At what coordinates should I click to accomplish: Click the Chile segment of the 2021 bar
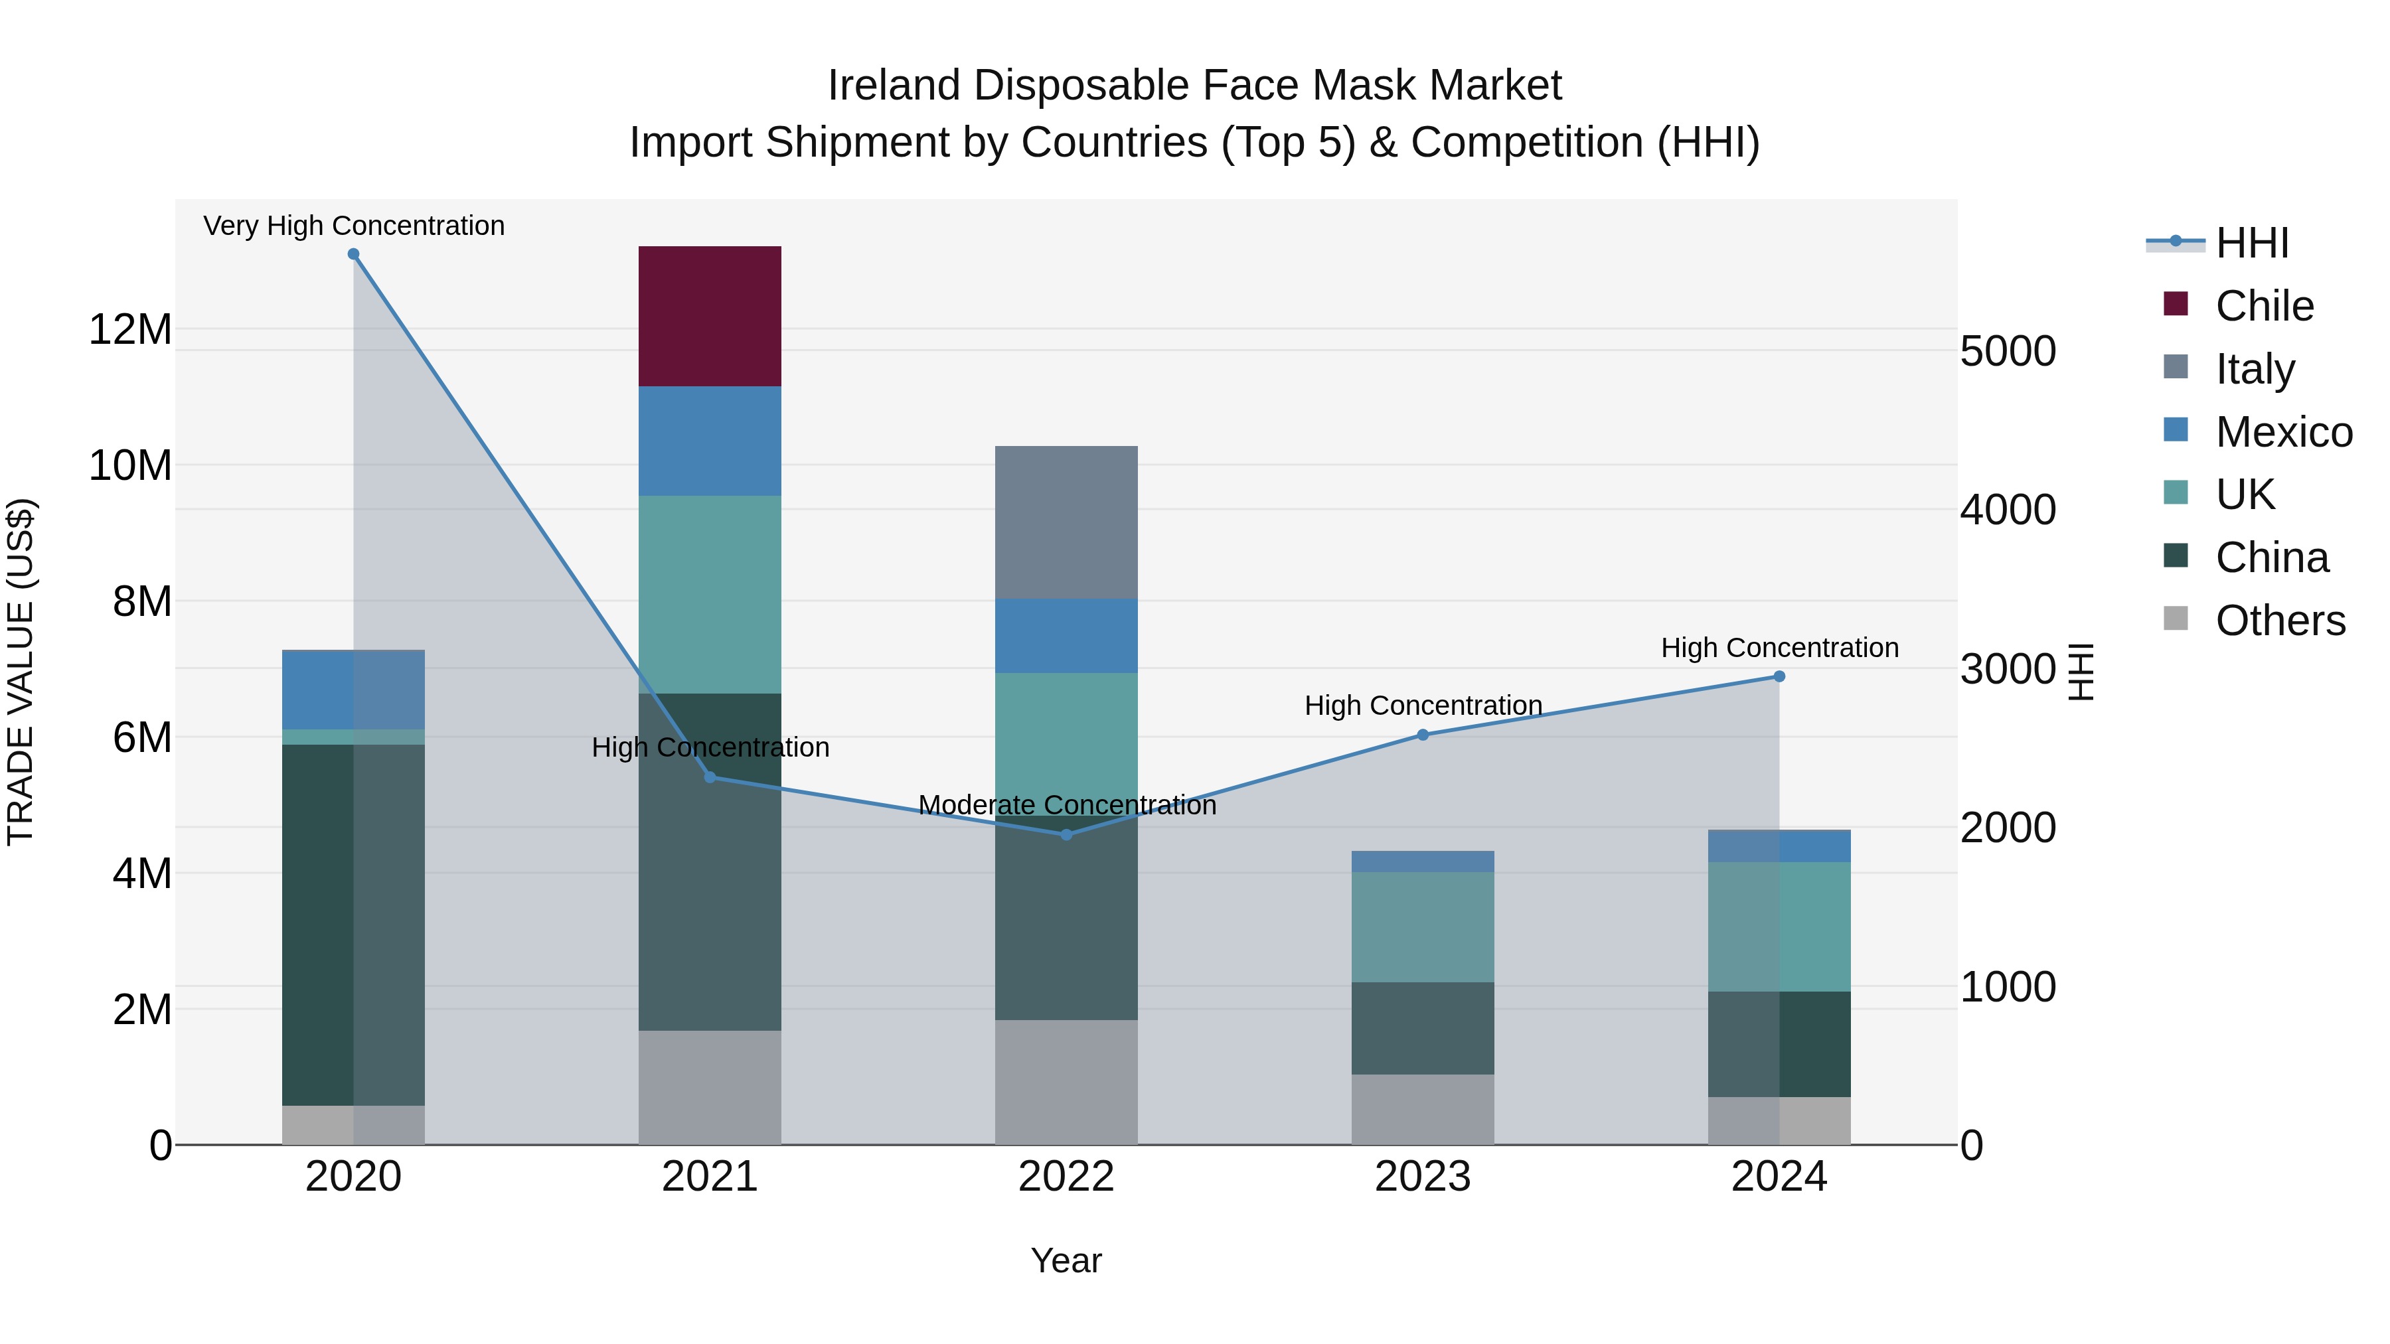[710, 317]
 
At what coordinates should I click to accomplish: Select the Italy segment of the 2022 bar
[1066, 522]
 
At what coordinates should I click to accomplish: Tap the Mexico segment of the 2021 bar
[710, 441]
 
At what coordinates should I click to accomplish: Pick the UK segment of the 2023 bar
[1422, 927]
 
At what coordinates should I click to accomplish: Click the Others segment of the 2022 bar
[1066, 1082]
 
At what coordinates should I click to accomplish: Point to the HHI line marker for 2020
[353, 254]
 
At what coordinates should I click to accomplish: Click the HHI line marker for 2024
[1779, 676]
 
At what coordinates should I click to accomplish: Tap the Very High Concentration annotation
[353, 226]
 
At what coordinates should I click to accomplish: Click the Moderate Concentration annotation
[1067, 805]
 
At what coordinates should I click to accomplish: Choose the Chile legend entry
[2264, 306]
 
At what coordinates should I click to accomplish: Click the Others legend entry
[2280, 621]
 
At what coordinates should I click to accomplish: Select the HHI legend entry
[2252, 243]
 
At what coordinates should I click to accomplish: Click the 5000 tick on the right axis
[2008, 352]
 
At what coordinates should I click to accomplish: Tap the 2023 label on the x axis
[1422, 1177]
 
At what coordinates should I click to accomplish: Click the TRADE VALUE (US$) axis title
[21, 672]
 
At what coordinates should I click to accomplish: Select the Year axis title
[1066, 1260]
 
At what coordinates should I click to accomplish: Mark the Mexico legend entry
[2283, 432]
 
